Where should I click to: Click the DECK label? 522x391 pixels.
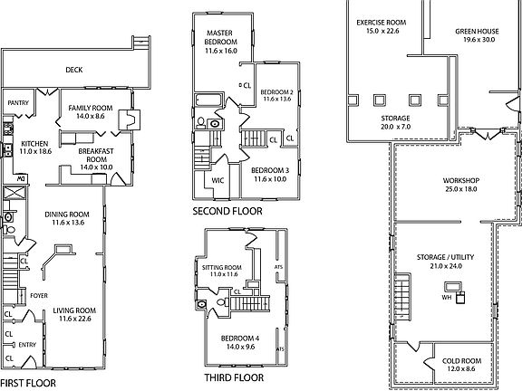click(x=74, y=70)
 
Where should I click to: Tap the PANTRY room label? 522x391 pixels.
click(x=18, y=103)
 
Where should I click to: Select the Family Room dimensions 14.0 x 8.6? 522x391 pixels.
click(x=91, y=116)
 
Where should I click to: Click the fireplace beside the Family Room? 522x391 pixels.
click(x=130, y=119)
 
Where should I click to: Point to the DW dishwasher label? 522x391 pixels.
click(x=21, y=178)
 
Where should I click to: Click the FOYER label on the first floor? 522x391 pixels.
click(x=39, y=296)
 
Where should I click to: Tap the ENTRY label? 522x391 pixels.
click(x=27, y=345)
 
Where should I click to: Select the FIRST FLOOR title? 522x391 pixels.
click(x=28, y=383)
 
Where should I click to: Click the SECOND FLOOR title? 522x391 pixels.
click(x=227, y=211)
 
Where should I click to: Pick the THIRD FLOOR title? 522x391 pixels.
click(x=234, y=377)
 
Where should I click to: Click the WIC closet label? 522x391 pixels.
click(x=217, y=180)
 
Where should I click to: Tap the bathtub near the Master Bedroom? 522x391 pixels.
click(x=208, y=100)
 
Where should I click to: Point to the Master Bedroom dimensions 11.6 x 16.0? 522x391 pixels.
click(x=221, y=51)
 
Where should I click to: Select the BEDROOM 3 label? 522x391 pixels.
click(x=270, y=170)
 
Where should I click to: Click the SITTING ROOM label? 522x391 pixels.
click(x=222, y=268)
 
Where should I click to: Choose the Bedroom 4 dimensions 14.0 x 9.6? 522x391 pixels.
click(x=240, y=347)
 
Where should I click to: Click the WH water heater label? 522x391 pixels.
click(x=447, y=297)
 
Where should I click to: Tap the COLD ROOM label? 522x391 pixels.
click(x=461, y=361)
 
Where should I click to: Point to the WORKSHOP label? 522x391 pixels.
click(x=461, y=180)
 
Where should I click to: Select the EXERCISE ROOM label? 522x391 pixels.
click(x=382, y=23)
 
